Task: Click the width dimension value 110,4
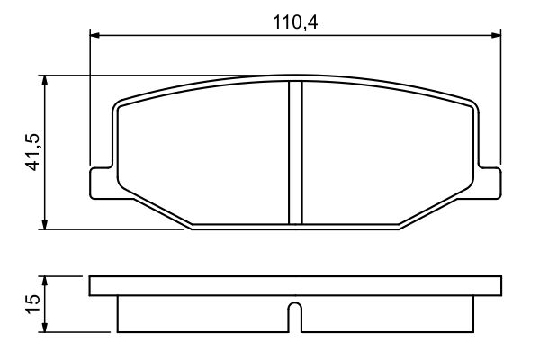click(x=295, y=20)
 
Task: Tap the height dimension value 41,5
click(x=29, y=152)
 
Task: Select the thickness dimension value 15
click(x=29, y=301)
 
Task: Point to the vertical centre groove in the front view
click(x=294, y=153)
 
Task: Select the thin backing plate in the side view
click(x=294, y=287)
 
